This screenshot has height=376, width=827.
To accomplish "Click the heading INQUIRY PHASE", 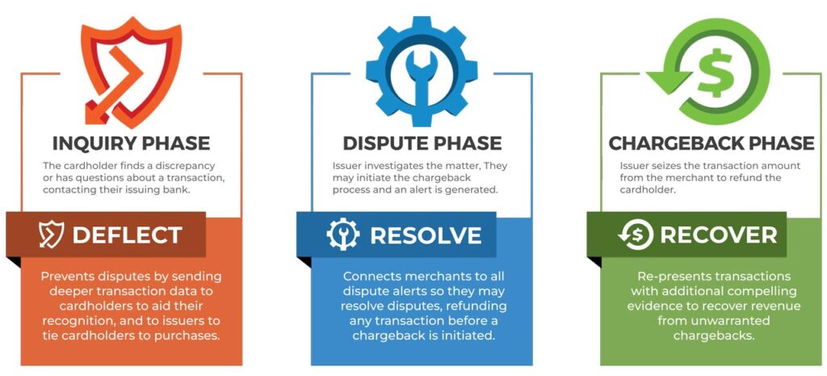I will pos(131,144).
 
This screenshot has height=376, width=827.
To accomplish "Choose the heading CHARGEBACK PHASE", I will pos(711,144).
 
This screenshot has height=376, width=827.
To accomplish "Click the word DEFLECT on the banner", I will pos(127,235).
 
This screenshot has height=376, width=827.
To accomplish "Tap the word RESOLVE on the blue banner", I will pos(426,235).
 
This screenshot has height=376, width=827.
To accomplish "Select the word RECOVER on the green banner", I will pos(718,235).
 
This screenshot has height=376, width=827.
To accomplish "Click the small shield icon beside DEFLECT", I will pos(51,234).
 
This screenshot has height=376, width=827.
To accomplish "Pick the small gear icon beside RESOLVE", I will pos(342,234).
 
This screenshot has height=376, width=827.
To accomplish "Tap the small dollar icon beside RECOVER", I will pos(636,234).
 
